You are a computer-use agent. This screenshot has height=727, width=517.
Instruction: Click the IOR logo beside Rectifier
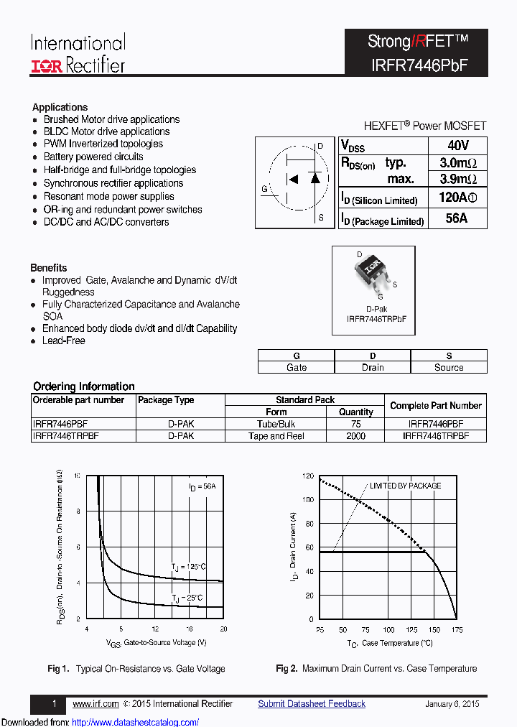(x=47, y=66)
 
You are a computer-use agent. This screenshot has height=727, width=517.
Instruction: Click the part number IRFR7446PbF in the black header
(x=416, y=64)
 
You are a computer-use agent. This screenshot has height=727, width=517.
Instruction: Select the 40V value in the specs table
(x=457, y=144)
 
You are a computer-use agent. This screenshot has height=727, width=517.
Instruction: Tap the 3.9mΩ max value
(x=457, y=179)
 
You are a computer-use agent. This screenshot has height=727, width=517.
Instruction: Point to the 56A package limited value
(x=457, y=218)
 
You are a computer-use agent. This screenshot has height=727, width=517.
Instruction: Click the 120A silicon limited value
(x=457, y=198)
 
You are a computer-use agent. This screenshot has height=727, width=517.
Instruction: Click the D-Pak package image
(x=372, y=271)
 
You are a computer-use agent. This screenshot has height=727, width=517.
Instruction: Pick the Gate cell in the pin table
(x=297, y=367)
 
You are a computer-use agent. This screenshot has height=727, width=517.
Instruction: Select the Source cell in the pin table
(x=449, y=367)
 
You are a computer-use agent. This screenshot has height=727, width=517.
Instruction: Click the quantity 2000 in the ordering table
(x=355, y=436)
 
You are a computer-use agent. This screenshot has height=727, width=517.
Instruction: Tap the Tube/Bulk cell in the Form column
(x=276, y=425)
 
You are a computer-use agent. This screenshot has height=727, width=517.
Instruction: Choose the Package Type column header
(x=166, y=400)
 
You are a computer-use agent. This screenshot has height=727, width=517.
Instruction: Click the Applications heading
(x=60, y=107)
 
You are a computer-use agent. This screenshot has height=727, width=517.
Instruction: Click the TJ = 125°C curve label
(x=188, y=567)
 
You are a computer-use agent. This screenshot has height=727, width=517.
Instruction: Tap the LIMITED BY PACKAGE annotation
(x=405, y=486)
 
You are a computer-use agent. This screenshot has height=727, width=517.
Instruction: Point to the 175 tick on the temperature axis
(x=457, y=630)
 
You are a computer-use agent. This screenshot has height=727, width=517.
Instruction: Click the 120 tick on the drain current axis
(x=307, y=476)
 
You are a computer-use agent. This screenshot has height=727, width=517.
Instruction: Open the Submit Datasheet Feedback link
(x=312, y=704)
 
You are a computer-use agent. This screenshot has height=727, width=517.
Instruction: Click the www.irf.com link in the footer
(x=96, y=704)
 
